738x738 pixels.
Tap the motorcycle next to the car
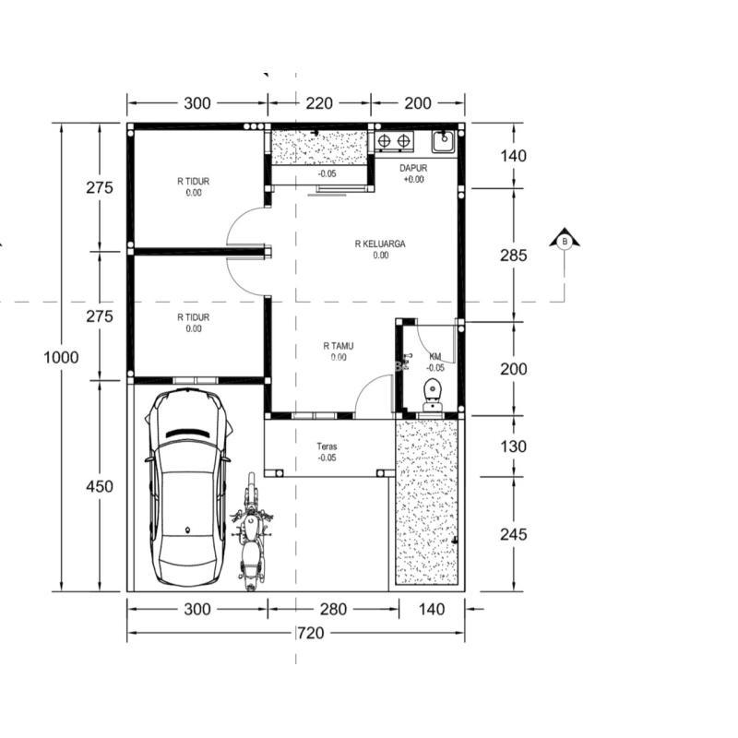click(x=251, y=532)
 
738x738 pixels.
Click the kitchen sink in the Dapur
click(x=443, y=141)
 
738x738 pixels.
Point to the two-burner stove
click(x=394, y=141)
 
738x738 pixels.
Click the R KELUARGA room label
click(x=380, y=244)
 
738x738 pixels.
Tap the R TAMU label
click(x=338, y=346)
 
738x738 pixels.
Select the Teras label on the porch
click(x=327, y=446)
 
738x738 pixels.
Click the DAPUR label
click(x=413, y=168)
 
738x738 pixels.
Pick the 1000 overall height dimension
click(x=61, y=357)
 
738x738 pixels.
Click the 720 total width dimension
click(x=310, y=633)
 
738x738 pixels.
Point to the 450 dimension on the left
click(x=100, y=486)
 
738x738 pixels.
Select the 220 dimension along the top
click(x=319, y=103)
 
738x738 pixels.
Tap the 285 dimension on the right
click(x=513, y=256)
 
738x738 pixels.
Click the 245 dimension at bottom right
click(x=513, y=534)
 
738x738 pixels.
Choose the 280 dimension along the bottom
click(x=333, y=609)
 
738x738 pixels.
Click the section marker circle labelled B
click(x=565, y=242)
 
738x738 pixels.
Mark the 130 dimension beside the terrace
click(x=513, y=446)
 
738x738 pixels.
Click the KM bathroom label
click(x=435, y=357)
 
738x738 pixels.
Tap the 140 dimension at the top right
click(x=513, y=156)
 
